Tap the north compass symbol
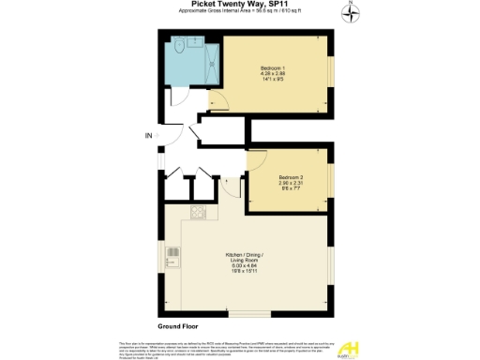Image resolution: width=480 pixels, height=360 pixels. [351, 11]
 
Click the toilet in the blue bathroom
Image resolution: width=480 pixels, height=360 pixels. [178, 47]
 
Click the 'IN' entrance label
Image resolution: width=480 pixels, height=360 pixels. [147, 136]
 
